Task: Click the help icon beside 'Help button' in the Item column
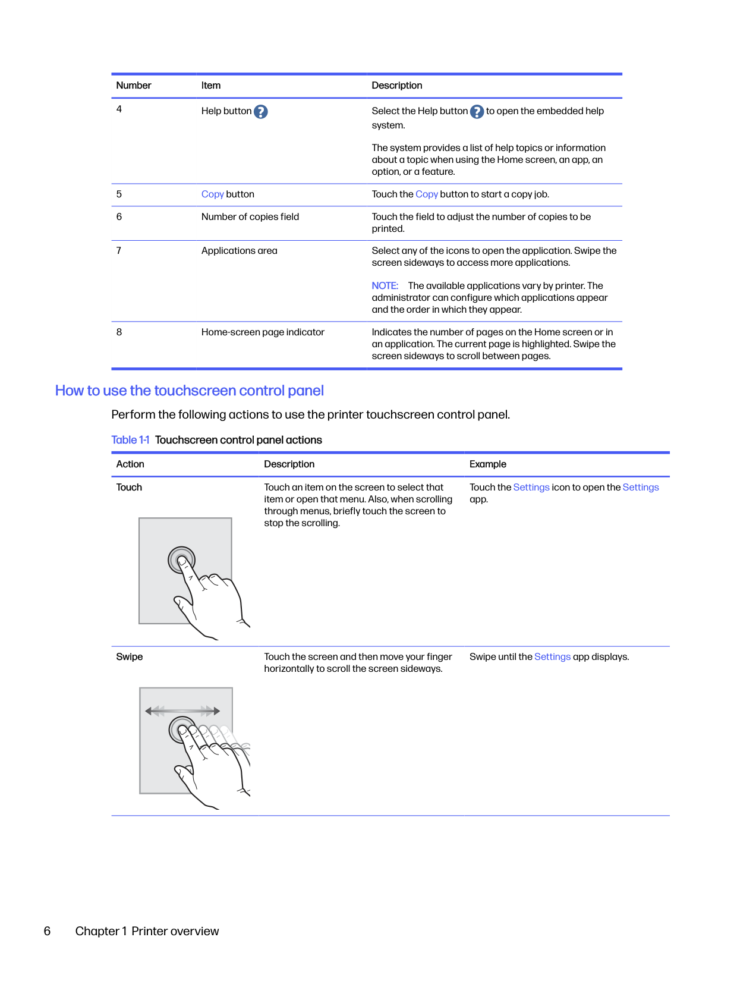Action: pyautogui.click(x=260, y=112)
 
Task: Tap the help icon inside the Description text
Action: pyautogui.click(x=477, y=112)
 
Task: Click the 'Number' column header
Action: pyautogui.click(x=134, y=86)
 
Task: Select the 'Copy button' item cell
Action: pyautogui.click(x=228, y=194)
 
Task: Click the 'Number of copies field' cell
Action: pyautogui.click(x=250, y=217)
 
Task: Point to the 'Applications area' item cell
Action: pyautogui.click(x=239, y=251)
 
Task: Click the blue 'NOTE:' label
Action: pyautogui.click(x=385, y=286)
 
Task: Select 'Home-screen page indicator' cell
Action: pyautogui.click(x=263, y=332)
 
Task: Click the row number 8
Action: pyautogui.click(x=119, y=332)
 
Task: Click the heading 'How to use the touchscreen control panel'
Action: pyautogui.click(x=189, y=391)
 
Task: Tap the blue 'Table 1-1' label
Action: pyautogui.click(x=130, y=440)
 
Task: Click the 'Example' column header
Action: pyautogui.click(x=488, y=464)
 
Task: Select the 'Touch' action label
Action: pyautogui.click(x=129, y=488)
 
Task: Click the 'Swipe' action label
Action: pyautogui.click(x=130, y=657)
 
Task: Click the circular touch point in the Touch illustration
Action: pyautogui.click(x=181, y=559)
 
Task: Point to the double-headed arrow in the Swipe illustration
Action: pyautogui.click(x=182, y=710)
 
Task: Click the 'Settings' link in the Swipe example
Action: pyautogui.click(x=552, y=657)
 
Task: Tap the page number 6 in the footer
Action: pyautogui.click(x=48, y=931)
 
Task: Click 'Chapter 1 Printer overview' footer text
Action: pyautogui.click(x=147, y=931)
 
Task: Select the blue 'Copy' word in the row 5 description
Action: pyautogui.click(x=427, y=194)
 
